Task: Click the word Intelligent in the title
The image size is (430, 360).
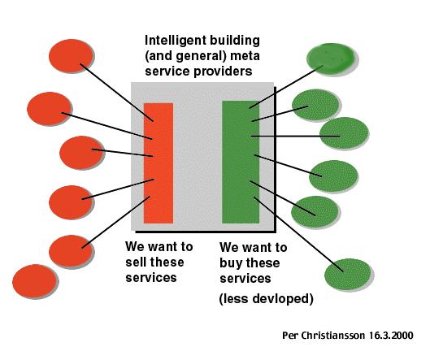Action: [170, 41]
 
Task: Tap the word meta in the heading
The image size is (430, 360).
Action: [245, 56]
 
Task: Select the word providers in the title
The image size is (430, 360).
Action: [223, 72]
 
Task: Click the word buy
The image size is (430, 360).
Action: [230, 263]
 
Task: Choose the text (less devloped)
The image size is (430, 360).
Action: [267, 299]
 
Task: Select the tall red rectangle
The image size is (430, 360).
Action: [159, 163]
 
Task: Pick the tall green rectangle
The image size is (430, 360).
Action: [241, 162]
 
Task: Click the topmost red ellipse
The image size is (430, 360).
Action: [71, 55]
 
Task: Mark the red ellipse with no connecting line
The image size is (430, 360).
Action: [34, 281]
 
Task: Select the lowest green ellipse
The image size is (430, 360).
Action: [347, 274]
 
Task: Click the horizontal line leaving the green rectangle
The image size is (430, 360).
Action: [295, 136]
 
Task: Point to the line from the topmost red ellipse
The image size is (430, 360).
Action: [116, 93]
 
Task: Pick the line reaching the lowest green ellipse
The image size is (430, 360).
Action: [298, 234]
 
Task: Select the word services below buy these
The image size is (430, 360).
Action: [245, 279]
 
